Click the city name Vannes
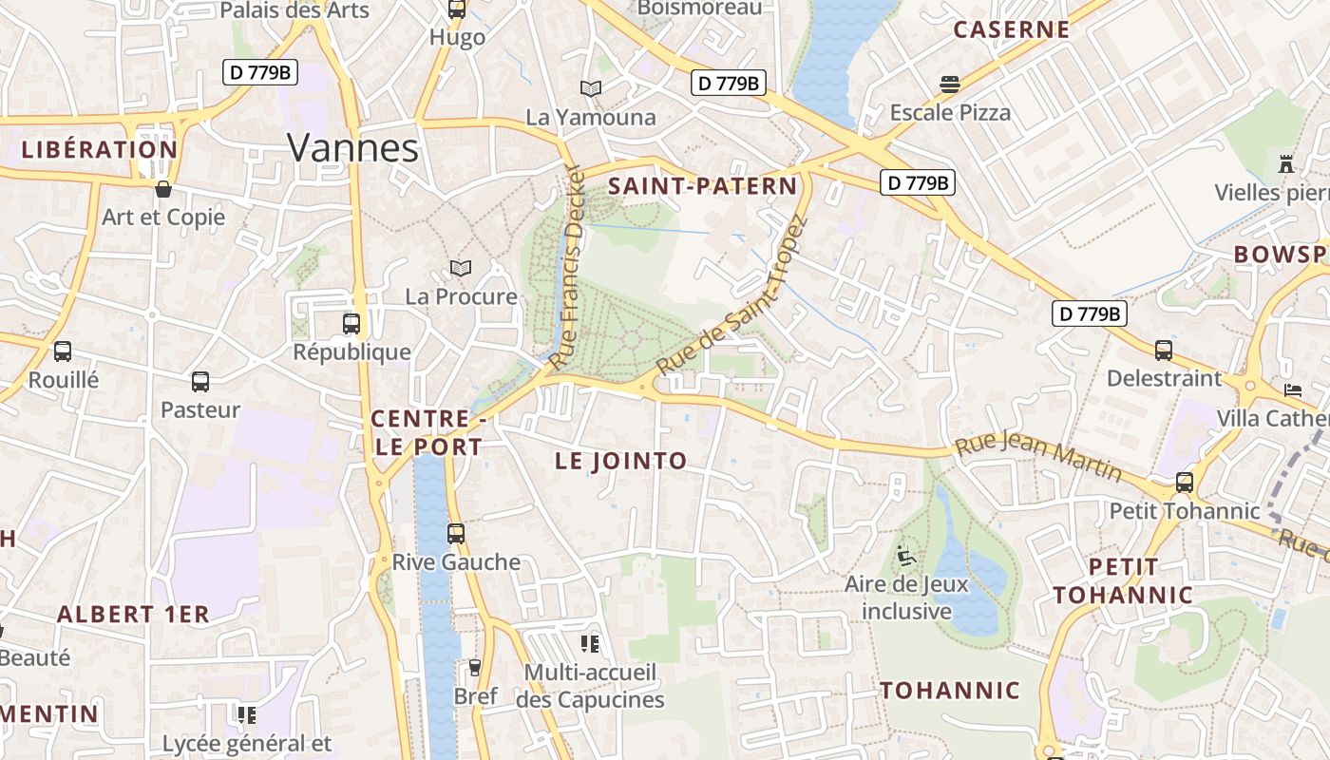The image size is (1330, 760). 352,148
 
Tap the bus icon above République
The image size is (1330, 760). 351,323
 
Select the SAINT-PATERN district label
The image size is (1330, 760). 702,186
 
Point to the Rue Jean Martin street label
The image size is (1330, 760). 1037,458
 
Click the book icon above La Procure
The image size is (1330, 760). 461,269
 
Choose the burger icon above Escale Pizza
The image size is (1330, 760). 950,85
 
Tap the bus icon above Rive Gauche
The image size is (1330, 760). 456,533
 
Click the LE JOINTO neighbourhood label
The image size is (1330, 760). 620,462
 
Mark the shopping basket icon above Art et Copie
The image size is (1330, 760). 163,189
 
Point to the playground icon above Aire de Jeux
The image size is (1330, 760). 906,555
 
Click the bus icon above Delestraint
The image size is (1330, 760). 1164,350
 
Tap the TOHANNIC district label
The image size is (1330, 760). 950,691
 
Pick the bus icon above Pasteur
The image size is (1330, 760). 200,382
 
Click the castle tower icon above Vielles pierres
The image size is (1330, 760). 1286,163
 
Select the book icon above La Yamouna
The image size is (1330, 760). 591,88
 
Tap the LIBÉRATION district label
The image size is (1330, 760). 100,150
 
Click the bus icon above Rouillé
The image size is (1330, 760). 63,351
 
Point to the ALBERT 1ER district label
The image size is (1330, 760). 133,615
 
